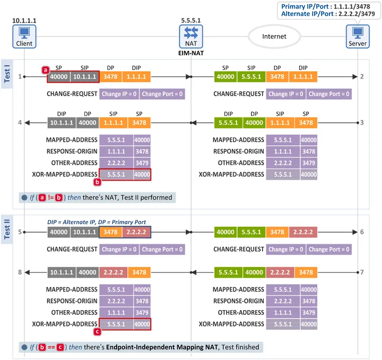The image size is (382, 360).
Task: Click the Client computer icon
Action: pyautogui.click(x=24, y=37)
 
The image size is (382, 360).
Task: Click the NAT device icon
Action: pyautogui.click(x=191, y=37)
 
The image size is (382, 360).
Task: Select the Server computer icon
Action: pyautogui.click(x=358, y=37)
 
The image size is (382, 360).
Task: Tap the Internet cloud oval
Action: pyautogui.click(x=274, y=37)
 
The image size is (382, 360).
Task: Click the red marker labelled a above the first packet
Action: pyautogui.click(x=45, y=70)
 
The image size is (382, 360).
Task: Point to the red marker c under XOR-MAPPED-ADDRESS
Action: pyautogui.click(x=97, y=331)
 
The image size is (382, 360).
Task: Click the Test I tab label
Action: pyautogui.click(x=7, y=74)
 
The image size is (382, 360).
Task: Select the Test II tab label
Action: pyautogui.click(x=7, y=229)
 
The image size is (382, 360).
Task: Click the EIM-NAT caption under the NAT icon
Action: pyautogui.click(x=191, y=53)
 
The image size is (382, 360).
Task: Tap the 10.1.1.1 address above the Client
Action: pyautogui.click(x=24, y=21)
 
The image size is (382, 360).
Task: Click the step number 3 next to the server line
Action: pyautogui.click(x=362, y=122)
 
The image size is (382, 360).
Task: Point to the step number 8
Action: pyautogui.click(x=20, y=272)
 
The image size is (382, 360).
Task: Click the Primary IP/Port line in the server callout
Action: pyautogui.click(x=325, y=6)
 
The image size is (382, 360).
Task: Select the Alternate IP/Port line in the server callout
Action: pyautogui.click(x=328, y=14)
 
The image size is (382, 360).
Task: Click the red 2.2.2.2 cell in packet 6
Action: pyautogui.click(x=303, y=232)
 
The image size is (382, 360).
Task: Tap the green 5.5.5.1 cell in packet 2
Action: pyautogui.click(x=251, y=76)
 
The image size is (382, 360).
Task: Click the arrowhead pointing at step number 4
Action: pyautogui.click(x=27, y=123)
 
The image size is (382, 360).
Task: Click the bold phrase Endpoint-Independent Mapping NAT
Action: pyautogui.click(x=162, y=347)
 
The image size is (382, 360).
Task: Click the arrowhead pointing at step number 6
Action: pyautogui.click(x=355, y=232)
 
